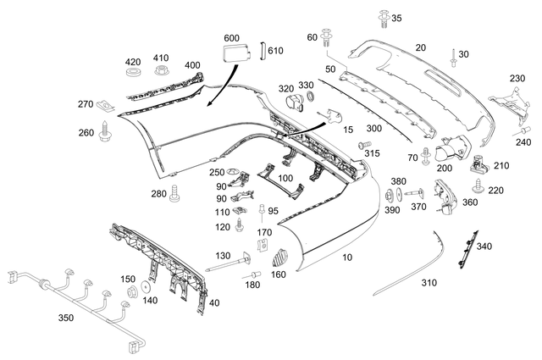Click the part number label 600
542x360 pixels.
pos(231,39)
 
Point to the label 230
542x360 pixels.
pos(517,78)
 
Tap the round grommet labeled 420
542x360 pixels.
pos(133,75)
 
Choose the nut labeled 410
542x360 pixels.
pos(161,72)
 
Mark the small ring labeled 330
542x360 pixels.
pos(309,97)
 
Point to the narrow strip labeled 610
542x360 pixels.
pos(263,53)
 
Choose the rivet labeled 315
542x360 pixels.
pos(365,145)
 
